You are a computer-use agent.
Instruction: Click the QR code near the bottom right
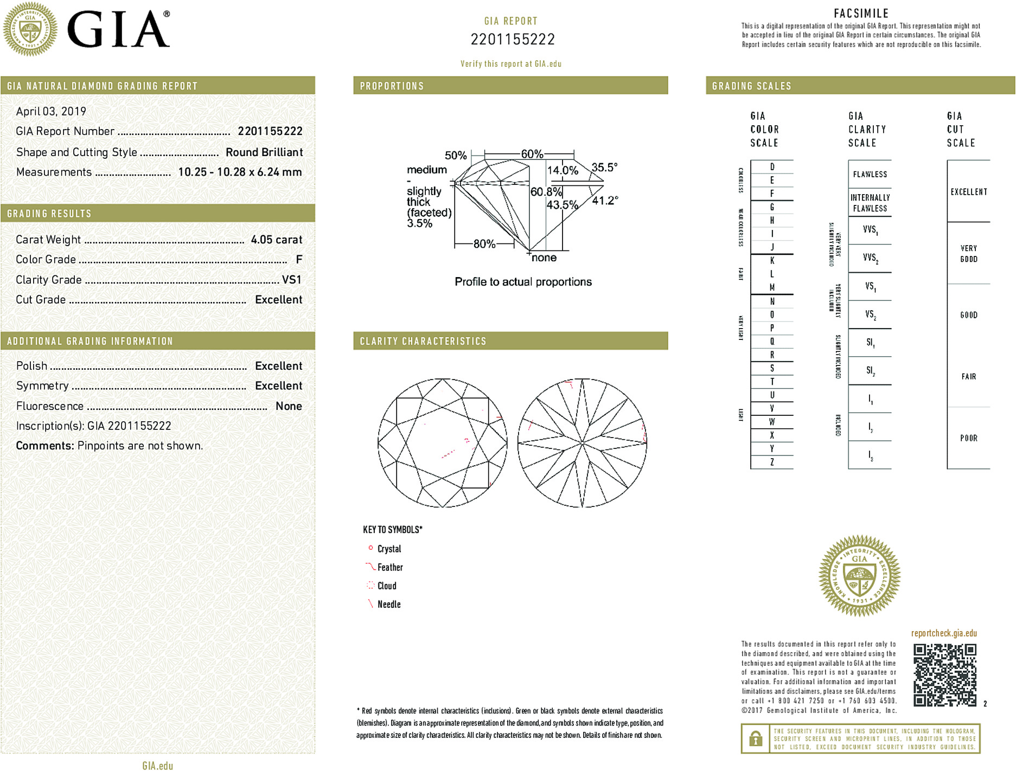(x=944, y=674)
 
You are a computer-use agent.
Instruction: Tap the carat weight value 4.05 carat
(x=276, y=240)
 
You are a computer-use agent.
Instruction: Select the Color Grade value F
(x=299, y=260)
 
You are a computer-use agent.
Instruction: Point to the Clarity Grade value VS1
(x=291, y=280)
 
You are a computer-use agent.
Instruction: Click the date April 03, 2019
(x=51, y=112)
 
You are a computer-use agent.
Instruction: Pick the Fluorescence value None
(x=289, y=406)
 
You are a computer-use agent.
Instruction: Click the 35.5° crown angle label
(x=604, y=168)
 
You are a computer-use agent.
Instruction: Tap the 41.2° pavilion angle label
(x=605, y=201)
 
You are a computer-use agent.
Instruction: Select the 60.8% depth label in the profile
(x=546, y=192)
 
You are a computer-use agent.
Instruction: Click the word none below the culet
(x=544, y=258)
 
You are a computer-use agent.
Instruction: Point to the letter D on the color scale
(x=772, y=167)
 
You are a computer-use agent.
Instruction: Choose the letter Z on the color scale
(x=772, y=462)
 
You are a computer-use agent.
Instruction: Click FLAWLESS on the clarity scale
(x=870, y=175)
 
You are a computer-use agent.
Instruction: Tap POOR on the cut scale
(x=968, y=438)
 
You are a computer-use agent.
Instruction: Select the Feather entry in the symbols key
(x=390, y=567)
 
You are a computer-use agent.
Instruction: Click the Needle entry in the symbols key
(x=389, y=604)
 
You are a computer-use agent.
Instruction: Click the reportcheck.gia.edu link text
(x=944, y=633)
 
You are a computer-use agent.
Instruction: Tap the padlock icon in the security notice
(x=755, y=738)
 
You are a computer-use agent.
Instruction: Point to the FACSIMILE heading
(x=861, y=14)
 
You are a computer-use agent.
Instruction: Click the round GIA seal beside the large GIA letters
(x=30, y=29)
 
